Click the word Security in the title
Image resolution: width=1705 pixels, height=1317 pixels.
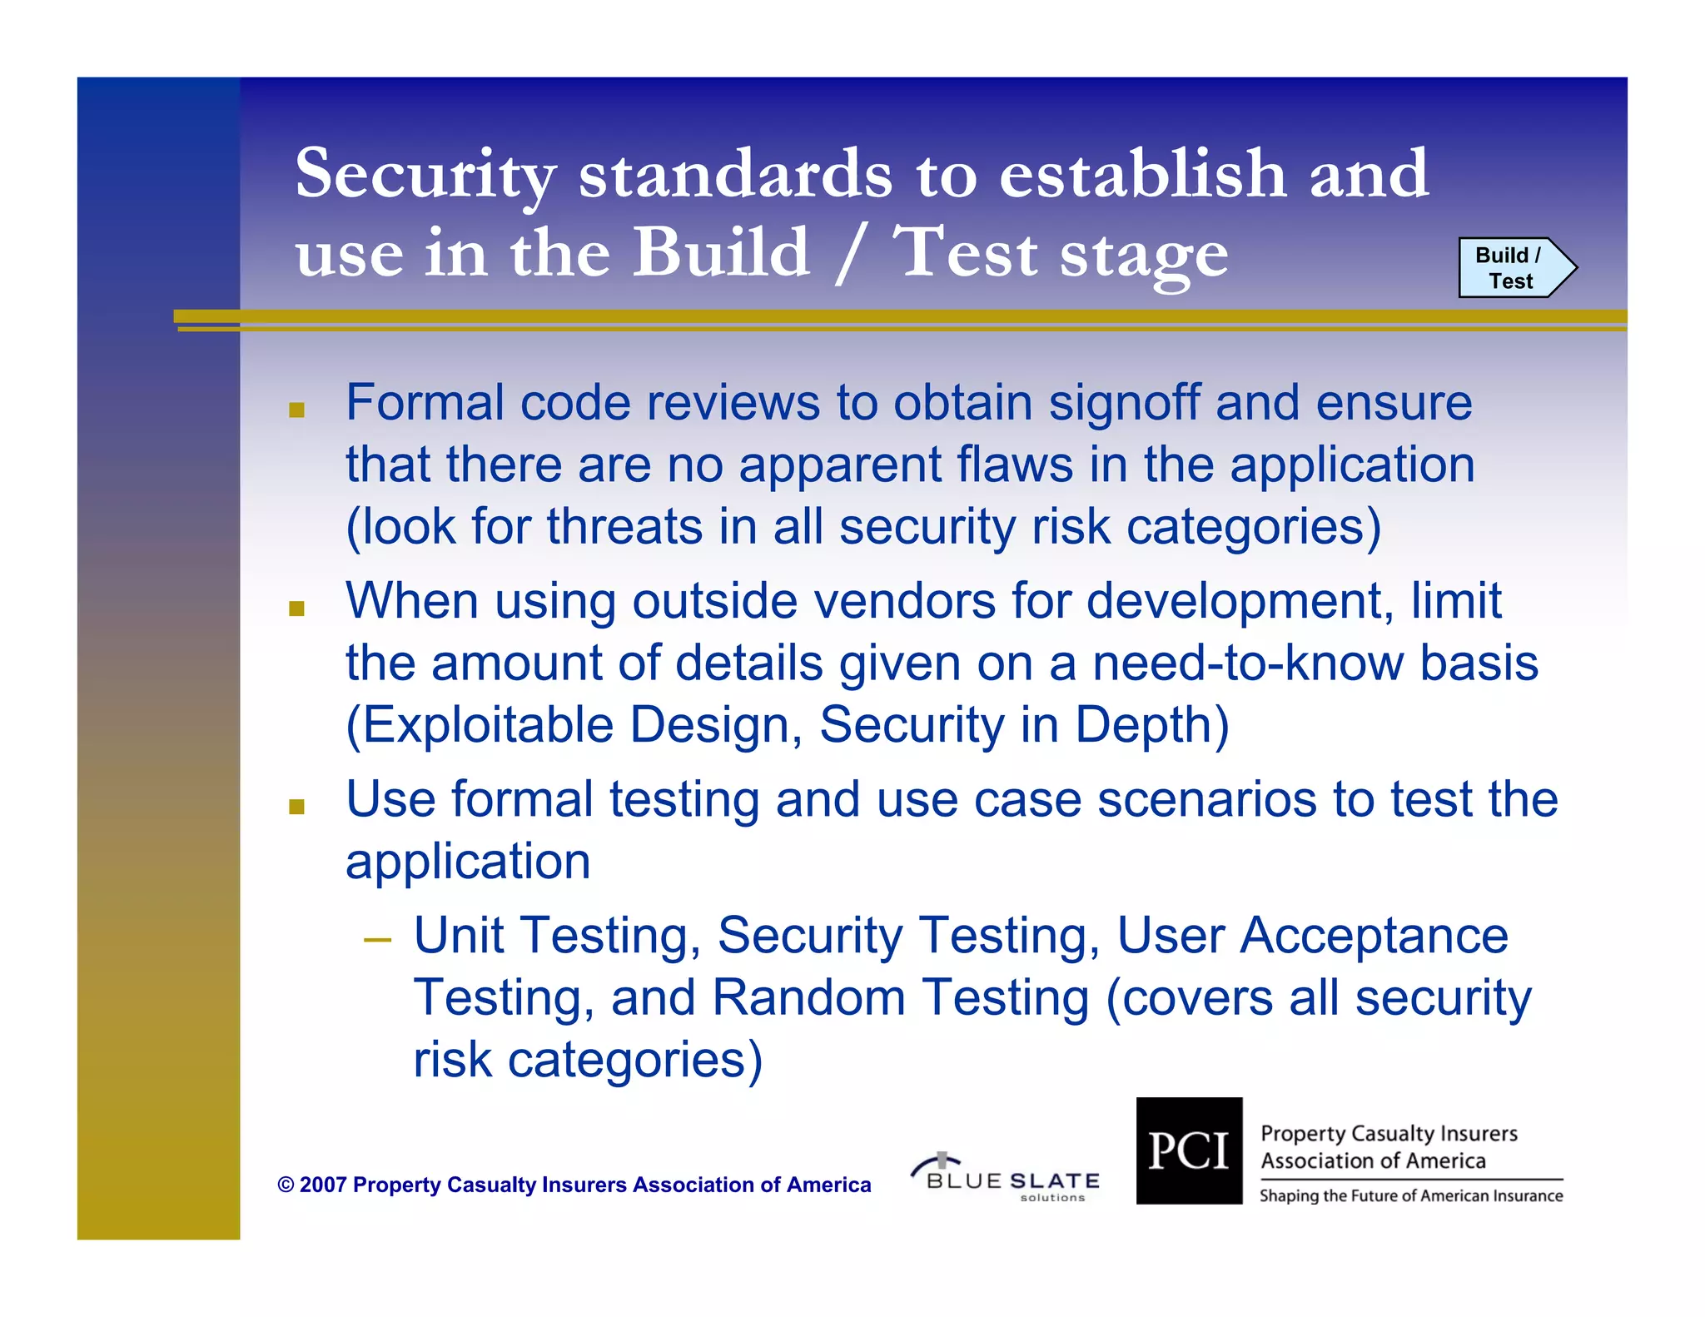pyautogui.click(x=425, y=174)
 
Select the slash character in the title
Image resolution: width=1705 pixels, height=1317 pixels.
pyautogui.click(x=850, y=253)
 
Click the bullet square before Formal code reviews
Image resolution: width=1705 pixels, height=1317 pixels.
pyautogui.click(x=296, y=410)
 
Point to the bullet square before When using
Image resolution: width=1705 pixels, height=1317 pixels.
pyautogui.click(x=296, y=609)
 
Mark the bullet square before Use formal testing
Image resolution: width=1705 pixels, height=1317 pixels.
pyautogui.click(x=296, y=806)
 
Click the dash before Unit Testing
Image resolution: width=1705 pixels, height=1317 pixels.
pyautogui.click(x=377, y=941)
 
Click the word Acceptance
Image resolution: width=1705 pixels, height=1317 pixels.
pyautogui.click(x=1374, y=936)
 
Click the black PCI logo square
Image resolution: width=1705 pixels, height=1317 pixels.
pyautogui.click(x=1188, y=1151)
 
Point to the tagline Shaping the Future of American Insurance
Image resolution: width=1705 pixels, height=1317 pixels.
pyautogui.click(x=1410, y=1196)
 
